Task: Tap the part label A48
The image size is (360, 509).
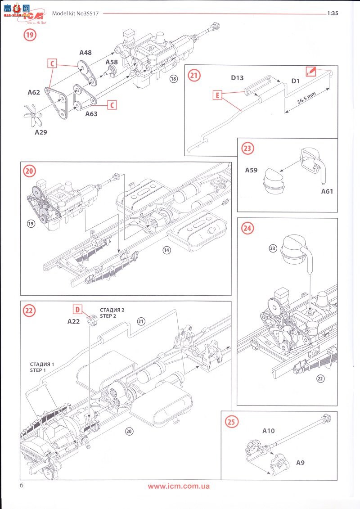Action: click(85, 53)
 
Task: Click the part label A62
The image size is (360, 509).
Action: click(34, 93)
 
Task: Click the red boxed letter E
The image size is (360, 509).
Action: click(217, 95)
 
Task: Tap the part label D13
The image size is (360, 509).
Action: click(237, 78)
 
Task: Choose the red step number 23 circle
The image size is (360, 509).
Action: click(247, 149)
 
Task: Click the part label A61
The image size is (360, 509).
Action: click(327, 191)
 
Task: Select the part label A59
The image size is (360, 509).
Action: click(252, 171)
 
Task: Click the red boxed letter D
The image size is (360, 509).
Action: click(77, 309)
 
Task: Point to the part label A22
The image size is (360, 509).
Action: click(73, 321)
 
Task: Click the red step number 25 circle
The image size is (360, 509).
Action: click(231, 422)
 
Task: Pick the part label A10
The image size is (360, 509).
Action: click(269, 431)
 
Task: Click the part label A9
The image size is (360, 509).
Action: click(300, 462)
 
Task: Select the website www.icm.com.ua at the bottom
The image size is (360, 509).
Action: click(179, 486)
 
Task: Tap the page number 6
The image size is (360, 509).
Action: click(21, 485)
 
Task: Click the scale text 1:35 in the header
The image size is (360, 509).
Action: click(333, 13)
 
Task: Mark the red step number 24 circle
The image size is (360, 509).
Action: click(247, 228)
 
